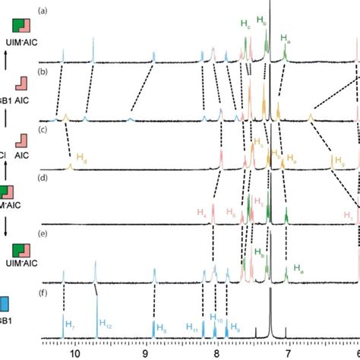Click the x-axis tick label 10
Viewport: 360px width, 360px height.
(74, 350)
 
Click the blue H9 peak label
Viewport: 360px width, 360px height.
(235, 327)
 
